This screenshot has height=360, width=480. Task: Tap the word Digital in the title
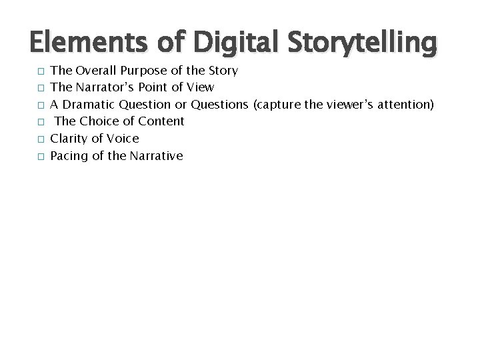click(x=227, y=43)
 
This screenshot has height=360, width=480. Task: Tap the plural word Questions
click(x=219, y=104)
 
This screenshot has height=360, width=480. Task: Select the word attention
click(x=406, y=104)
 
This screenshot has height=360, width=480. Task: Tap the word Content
click(x=161, y=121)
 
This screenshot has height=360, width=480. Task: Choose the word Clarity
click(x=70, y=139)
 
